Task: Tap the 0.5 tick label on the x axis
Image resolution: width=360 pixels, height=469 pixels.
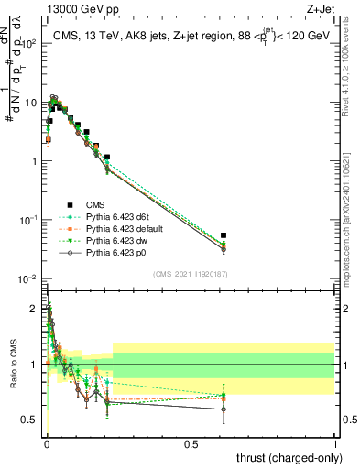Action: coord(191,445)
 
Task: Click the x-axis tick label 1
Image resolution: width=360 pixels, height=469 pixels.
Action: coord(335,445)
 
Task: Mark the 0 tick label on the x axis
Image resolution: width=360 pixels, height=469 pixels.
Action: coord(46,445)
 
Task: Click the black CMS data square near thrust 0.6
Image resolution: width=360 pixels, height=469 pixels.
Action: coord(224,235)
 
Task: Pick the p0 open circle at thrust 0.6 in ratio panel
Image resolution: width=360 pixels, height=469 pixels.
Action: coord(224,409)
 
